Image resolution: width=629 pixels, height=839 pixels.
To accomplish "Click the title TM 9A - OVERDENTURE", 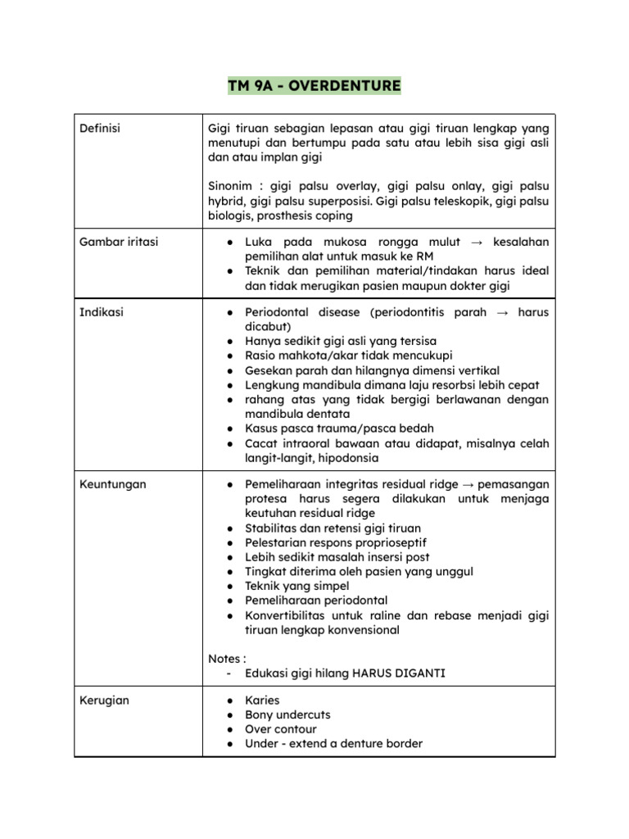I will click(x=314, y=85).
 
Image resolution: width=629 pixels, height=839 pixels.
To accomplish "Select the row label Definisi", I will click(x=99, y=128).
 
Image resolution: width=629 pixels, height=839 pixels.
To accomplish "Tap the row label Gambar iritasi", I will click(x=119, y=242).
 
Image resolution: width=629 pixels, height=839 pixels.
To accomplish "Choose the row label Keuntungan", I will click(x=113, y=484).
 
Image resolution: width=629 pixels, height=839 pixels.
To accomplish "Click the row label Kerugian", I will click(x=105, y=701).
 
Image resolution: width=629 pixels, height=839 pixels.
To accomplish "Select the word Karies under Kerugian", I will click(x=262, y=701).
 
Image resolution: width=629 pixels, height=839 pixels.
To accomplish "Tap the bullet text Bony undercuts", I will click(x=287, y=715).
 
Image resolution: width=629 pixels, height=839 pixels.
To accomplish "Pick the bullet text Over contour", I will click(x=281, y=729).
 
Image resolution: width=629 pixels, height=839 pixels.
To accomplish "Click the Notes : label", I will click(x=227, y=658).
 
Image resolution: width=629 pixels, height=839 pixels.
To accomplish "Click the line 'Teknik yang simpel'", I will click(x=297, y=586).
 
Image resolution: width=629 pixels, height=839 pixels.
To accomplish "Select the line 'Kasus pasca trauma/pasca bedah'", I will click(x=339, y=429).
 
